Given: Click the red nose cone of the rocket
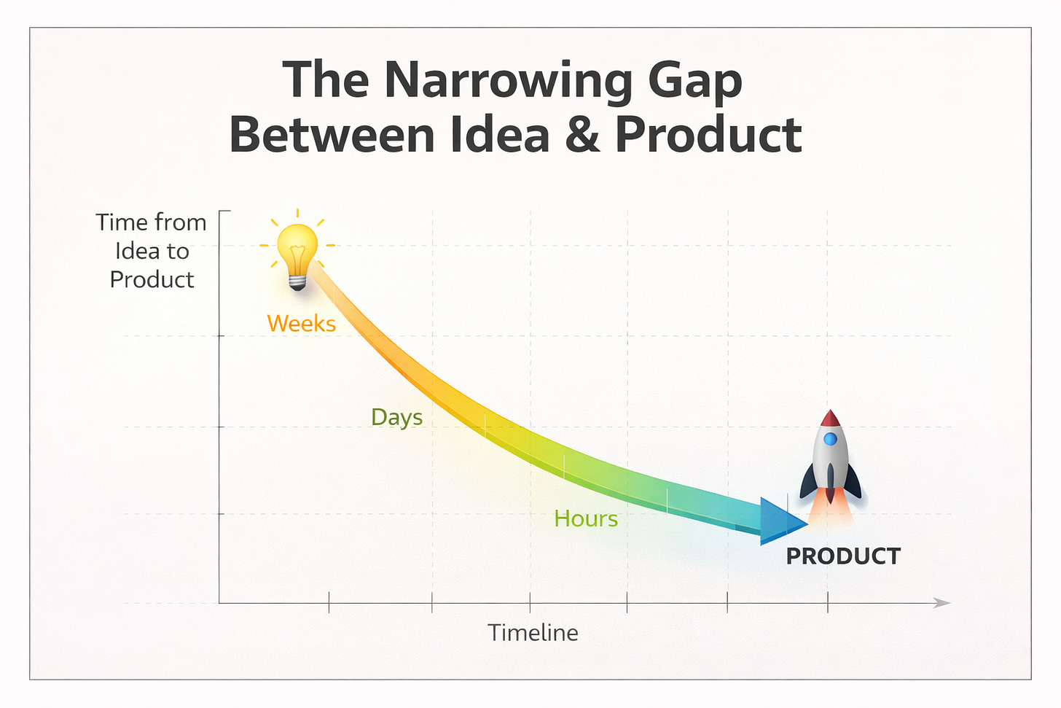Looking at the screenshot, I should [830, 419].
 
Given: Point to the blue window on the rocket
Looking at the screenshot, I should [830, 439].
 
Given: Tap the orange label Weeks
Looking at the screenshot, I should [301, 323].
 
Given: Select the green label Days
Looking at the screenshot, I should [396, 417].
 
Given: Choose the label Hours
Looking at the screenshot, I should [585, 518].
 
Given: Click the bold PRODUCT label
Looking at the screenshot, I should [843, 556].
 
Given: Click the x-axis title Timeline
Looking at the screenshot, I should [533, 632].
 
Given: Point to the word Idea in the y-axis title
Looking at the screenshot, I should [137, 251].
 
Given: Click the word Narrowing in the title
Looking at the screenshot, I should [508, 80].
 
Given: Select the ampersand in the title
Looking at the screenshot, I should [582, 135].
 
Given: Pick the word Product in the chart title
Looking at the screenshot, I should [708, 135].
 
